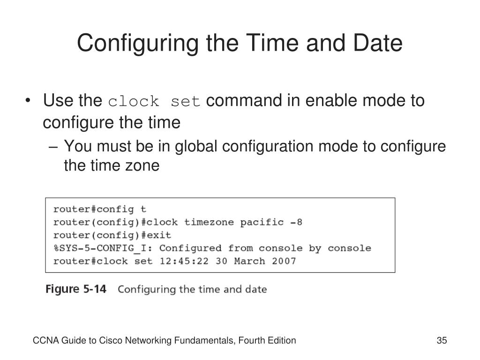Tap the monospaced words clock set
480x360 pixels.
coord(155,101)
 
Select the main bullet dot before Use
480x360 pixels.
coord(30,101)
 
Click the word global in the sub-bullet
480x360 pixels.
coord(196,147)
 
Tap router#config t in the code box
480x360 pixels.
coord(99,209)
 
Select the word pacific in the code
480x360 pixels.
coord(262,222)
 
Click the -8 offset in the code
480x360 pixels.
coord(296,222)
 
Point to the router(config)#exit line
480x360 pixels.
coord(112,235)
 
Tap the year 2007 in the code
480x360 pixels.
coord(284,261)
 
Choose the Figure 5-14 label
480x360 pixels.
coord(76,289)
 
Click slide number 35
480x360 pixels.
coord(442,341)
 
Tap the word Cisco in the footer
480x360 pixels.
coord(108,341)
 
